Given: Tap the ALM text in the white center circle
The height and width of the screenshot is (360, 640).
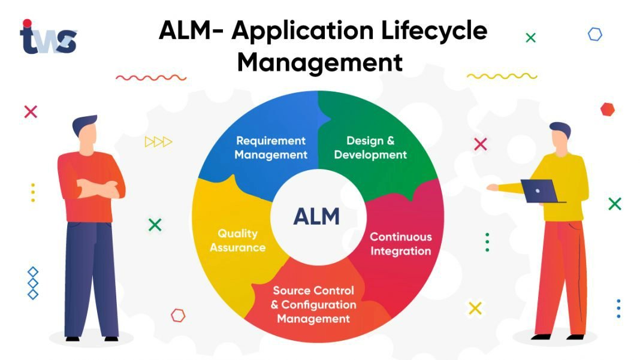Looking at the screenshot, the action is pos(316,216).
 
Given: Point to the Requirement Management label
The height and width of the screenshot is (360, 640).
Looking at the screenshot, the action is pos(271,147).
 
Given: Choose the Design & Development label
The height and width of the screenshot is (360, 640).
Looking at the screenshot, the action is pos(370,147).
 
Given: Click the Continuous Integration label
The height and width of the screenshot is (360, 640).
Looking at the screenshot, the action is pos(400,244).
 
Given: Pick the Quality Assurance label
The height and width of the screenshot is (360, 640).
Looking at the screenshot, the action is pos(237,240).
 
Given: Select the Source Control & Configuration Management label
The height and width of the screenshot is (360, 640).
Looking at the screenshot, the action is pos(313,304).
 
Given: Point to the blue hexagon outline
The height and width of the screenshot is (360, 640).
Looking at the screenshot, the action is pos(594,34).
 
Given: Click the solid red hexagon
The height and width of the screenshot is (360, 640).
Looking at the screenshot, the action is pos(608,110).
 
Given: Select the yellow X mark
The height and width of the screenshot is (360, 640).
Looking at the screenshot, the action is pos(475,308).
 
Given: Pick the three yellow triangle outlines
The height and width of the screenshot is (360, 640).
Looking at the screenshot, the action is pos(158,142).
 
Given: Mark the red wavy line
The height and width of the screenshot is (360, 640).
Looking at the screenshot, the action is pos(151,77).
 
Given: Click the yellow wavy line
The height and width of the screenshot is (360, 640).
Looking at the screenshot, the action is pos(502,76).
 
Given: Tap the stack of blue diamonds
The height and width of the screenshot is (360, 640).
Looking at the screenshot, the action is pos(33,283).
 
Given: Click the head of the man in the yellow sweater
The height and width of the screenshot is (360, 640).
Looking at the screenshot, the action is pos(560,137).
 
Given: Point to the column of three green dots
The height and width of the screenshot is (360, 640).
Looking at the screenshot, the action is pos(487,242).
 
